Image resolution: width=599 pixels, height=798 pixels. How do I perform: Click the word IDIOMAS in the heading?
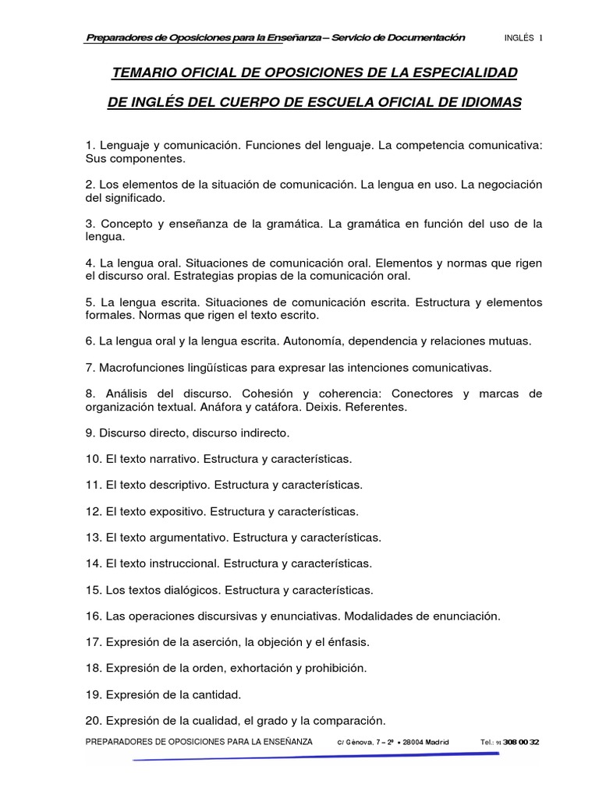pyautogui.click(x=489, y=103)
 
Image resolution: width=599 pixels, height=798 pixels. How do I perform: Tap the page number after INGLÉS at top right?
pyautogui.click(x=541, y=37)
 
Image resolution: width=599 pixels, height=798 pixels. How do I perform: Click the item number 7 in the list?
pyautogui.click(x=89, y=366)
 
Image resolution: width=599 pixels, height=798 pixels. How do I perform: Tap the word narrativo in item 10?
pyautogui.click(x=173, y=457)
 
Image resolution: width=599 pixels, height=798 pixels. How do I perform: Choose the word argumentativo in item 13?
pyautogui.click(x=186, y=537)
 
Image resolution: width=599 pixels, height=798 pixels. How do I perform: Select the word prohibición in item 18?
pyautogui.click(x=333, y=669)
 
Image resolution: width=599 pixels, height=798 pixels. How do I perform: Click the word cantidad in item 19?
pyautogui.click(x=214, y=694)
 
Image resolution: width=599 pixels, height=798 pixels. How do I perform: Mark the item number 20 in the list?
pyautogui.click(x=93, y=721)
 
